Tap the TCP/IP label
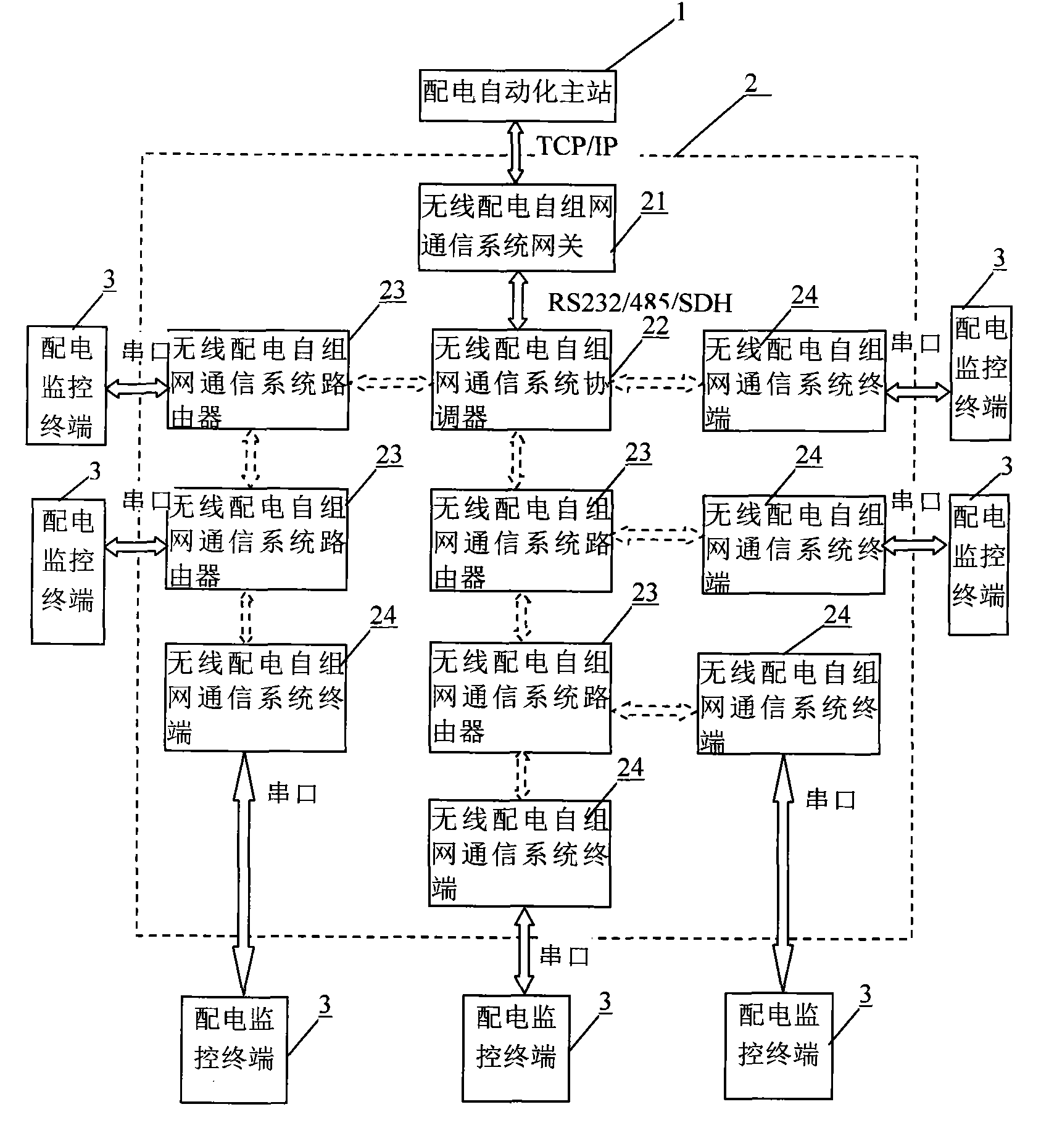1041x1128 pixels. click(577, 146)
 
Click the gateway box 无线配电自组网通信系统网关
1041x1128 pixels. click(516, 227)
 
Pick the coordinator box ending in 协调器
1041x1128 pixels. click(521, 380)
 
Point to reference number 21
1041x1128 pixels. click(654, 202)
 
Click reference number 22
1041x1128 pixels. click(655, 326)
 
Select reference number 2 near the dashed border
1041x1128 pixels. click(751, 83)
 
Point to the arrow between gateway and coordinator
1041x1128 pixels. click(517, 301)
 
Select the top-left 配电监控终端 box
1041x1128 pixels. click(66, 386)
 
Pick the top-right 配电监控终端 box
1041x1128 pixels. click(980, 373)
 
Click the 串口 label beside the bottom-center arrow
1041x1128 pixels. click(563, 956)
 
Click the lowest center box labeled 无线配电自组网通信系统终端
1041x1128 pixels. click(520, 853)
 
